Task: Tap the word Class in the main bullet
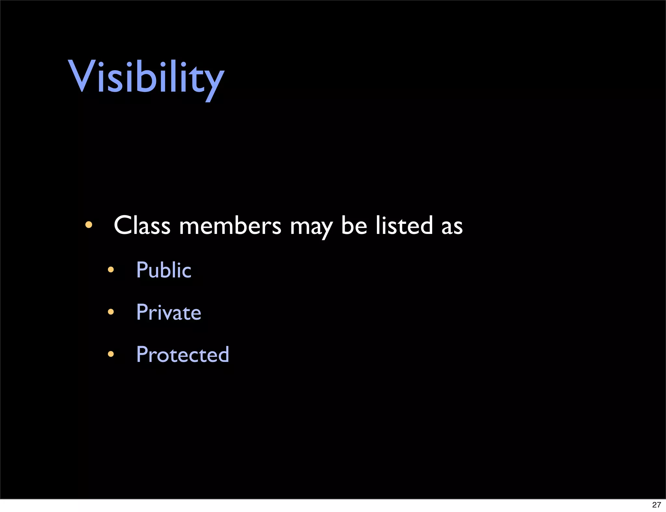(142, 225)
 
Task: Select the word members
(230, 226)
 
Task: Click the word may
(311, 227)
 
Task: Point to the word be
(354, 225)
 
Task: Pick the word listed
(404, 225)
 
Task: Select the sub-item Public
(164, 270)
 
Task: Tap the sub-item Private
(168, 312)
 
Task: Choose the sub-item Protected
(183, 354)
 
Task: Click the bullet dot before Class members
(88, 225)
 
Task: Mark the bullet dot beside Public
(111, 270)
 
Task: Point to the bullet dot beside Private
(111, 312)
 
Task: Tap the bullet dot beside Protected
(111, 354)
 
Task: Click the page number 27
(656, 505)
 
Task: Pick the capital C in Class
(123, 225)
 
